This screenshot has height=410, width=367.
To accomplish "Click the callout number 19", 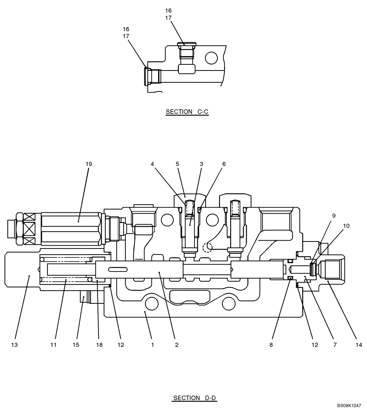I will (x=89, y=164).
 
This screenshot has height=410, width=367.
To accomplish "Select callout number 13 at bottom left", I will (x=15, y=345).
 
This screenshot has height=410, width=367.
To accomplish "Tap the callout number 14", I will (x=359, y=345).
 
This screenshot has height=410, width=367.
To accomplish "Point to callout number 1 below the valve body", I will (x=152, y=345).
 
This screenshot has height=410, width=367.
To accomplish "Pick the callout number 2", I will (x=177, y=345).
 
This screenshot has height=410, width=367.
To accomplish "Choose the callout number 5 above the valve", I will (x=177, y=164).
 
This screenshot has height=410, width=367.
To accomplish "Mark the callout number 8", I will (x=271, y=345).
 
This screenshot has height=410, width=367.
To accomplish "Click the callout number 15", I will (x=76, y=345).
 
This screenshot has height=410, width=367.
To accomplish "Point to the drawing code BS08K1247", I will (x=349, y=405).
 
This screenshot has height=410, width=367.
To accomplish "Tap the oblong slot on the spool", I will (x=117, y=269).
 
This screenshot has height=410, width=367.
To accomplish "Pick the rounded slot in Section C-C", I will (x=187, y=68).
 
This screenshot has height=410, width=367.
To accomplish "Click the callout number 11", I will (x=53, y=345).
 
